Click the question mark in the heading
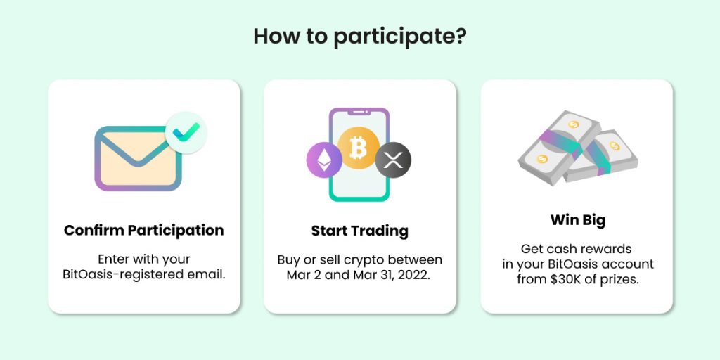460,37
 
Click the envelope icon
139,158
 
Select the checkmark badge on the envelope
186,133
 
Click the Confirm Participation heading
143,230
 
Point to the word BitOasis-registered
119,275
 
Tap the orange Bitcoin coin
359,148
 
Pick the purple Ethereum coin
324,160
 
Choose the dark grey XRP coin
393,160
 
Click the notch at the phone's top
359,112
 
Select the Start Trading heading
359,231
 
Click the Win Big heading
578,220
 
